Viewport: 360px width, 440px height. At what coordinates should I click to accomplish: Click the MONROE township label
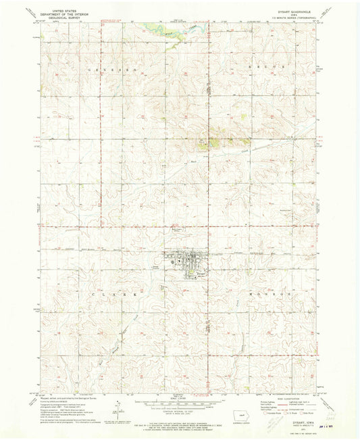click(x=271, y=295)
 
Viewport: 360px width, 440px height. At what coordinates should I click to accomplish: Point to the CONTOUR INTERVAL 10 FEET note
click(x=180, y=410)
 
